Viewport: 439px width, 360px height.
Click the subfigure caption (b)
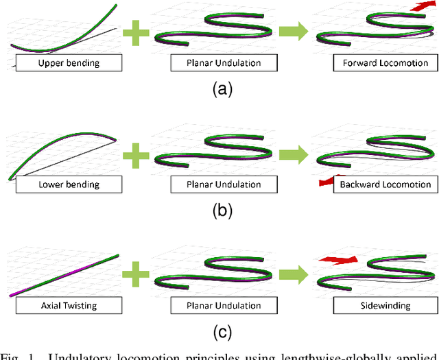pos(219,211)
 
